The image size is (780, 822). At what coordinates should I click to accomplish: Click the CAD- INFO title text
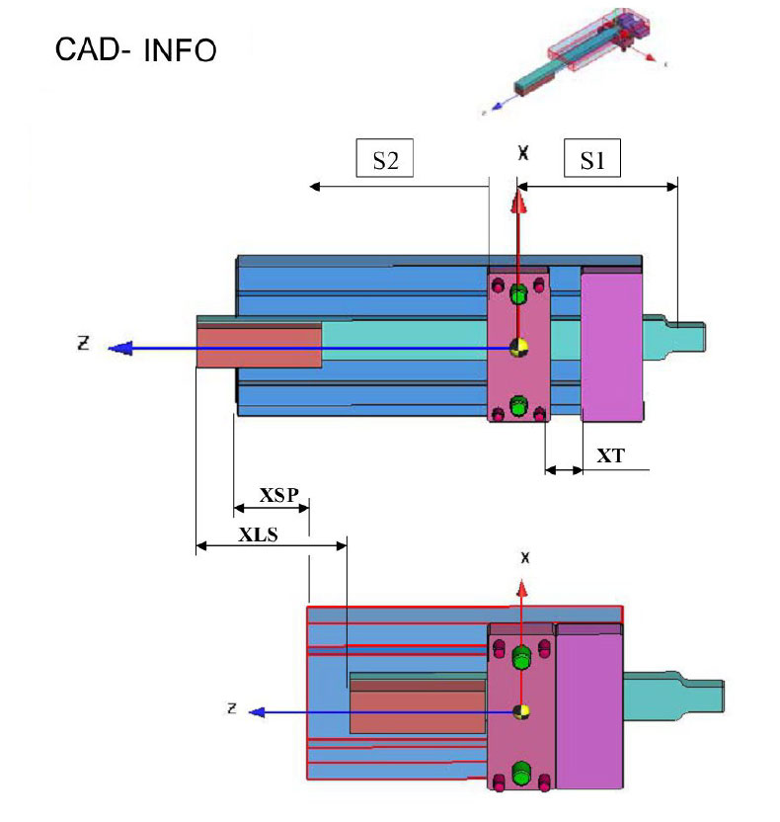135,49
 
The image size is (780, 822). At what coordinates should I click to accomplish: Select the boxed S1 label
591,160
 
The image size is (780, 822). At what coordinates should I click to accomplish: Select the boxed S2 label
384,160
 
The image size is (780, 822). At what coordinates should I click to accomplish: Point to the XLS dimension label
258,534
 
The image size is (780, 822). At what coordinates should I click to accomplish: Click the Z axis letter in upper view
84,343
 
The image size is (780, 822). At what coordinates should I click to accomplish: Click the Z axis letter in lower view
231,707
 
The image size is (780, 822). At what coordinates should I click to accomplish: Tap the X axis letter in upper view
524,153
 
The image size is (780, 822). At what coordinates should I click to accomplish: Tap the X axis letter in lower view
525,558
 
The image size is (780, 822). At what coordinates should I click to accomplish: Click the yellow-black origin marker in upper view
517,347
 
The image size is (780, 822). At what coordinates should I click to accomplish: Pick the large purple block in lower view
589,706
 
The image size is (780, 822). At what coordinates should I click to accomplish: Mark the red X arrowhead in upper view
516,202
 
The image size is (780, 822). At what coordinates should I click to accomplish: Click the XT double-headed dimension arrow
564,470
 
